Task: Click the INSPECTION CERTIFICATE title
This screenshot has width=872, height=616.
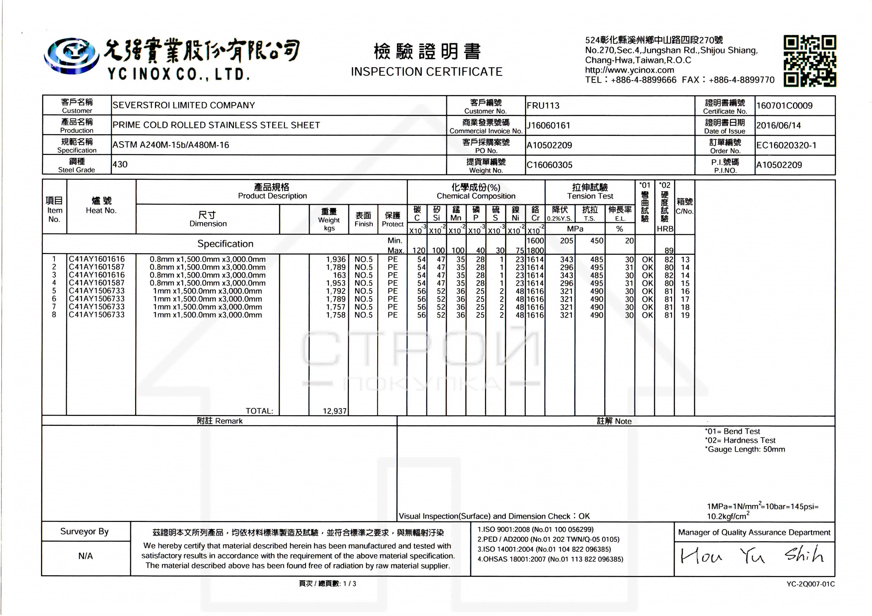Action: [x=426, y=72]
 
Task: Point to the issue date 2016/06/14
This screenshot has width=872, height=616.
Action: [x=778, y=125]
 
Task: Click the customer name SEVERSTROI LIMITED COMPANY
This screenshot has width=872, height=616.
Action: [x=183, y=105]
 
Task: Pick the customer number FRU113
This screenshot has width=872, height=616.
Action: [x=543, y=106]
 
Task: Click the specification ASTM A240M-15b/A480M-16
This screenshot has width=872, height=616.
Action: [x=170, y=145]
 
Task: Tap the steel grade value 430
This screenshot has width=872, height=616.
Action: [x=120, y=164]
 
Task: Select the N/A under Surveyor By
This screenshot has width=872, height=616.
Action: [x=85, y=556]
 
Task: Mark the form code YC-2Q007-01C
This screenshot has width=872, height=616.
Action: [x=810, y=584]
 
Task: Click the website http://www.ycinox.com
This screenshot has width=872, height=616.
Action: [x=629, y=70]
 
